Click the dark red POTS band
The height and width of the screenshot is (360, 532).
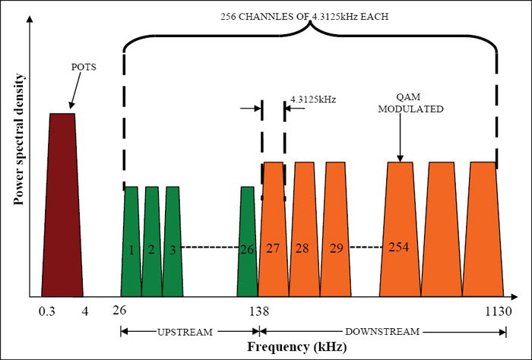(62, 205)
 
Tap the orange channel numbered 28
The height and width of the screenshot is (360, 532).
(304, 235)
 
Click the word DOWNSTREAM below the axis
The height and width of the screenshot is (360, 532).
(384, 332)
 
